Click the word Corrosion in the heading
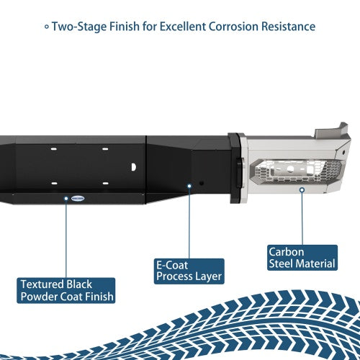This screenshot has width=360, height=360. point(233,27)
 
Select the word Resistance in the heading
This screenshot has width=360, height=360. point(288,27)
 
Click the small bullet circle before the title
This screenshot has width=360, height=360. point(47,27)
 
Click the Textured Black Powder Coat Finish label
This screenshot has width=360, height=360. point(66,291)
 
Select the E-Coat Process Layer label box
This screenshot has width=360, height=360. point(189,271)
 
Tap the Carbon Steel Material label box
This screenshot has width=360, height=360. point(302,258)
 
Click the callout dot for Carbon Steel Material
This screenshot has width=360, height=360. point(302,190)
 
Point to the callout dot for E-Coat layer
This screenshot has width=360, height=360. point(189,186)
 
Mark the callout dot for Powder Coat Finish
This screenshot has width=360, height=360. point(66,199)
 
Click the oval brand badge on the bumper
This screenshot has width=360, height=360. point(78,199)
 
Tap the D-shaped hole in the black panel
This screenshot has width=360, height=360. point(134,167)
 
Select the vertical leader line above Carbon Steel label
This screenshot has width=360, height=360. point(302,218)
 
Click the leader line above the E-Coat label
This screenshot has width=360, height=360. point(189,223)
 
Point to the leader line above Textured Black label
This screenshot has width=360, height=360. point(66,239)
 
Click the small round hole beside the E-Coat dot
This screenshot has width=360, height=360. point(202,184)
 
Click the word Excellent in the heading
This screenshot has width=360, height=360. point(183,27)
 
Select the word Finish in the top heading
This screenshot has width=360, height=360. point(125,27)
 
